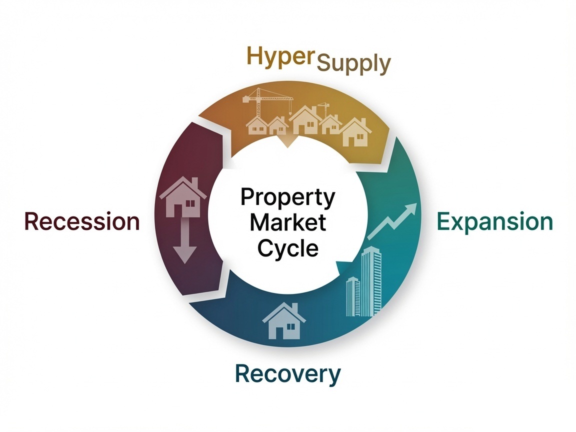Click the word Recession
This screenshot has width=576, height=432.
[82, 221]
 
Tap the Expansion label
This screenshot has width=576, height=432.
[495, 222]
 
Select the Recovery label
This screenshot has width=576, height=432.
[287, 374]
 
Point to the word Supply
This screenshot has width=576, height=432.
[353, 64]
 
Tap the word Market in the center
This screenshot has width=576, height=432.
[287, 222]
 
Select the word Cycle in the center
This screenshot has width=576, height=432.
[287, 248]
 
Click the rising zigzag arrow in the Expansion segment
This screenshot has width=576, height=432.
[392, 221]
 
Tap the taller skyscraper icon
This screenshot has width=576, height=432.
[371, 281]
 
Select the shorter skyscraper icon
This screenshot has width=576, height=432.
[353, 296]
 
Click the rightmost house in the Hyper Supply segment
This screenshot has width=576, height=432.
[355, 132]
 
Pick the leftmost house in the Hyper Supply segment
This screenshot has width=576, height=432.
[257, 125]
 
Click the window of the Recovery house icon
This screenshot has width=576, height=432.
[290, 326]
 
